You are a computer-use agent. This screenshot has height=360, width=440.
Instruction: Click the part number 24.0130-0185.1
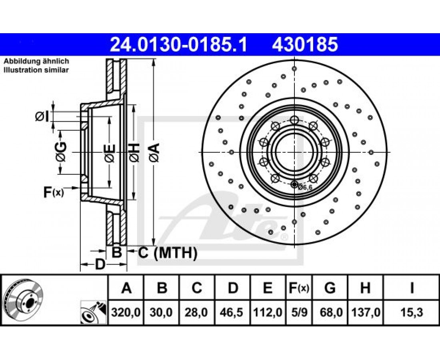(x=178, y=45)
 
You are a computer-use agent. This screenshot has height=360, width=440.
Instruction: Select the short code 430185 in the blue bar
(x=305, y=45)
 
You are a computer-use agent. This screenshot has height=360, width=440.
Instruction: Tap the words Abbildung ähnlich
(x=36, y=61)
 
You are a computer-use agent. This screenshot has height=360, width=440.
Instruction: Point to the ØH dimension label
(x=134, y=152)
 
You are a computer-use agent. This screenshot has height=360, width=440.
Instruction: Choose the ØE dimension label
(x=110, y=153)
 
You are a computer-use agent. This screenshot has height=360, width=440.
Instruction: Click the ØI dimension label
(x=42, y=116)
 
